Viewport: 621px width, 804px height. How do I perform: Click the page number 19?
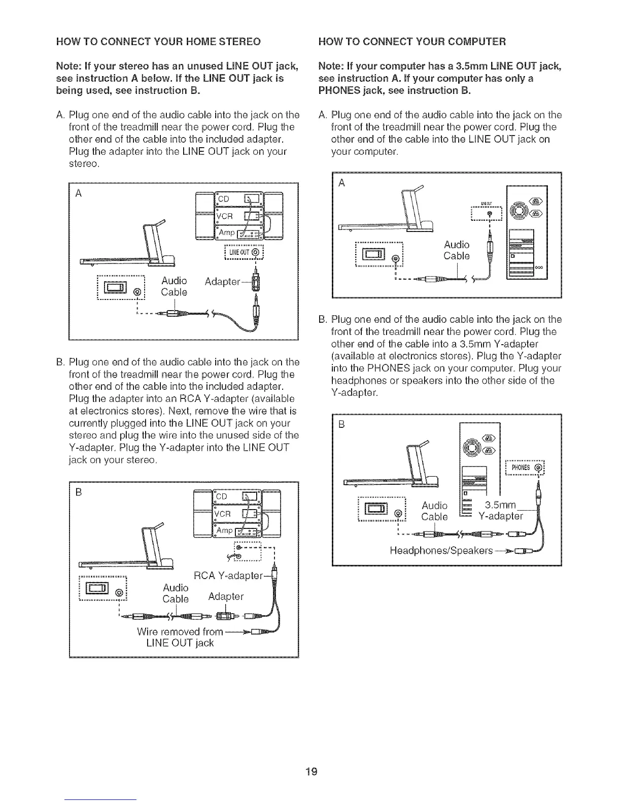pyautogui.click(x=312, y=772)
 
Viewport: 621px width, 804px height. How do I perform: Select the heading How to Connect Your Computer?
pyautogui.click(x=411, y=41)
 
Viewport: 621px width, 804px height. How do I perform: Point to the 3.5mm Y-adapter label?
pyautogui.click(x=501, y=511)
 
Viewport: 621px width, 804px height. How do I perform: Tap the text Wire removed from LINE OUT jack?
pyautogui.click(x=180, y=637)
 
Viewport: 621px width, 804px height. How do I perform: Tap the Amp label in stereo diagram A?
pyautogui.click(x=226, y=232)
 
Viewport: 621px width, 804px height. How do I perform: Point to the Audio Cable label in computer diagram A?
pyautogui.click(x=456, y=250)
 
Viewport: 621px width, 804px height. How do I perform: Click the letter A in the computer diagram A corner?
pyautogui.click(x=341, y=184)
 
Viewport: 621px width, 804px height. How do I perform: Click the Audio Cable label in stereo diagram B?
pyautogui.click(x=175, y=593)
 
